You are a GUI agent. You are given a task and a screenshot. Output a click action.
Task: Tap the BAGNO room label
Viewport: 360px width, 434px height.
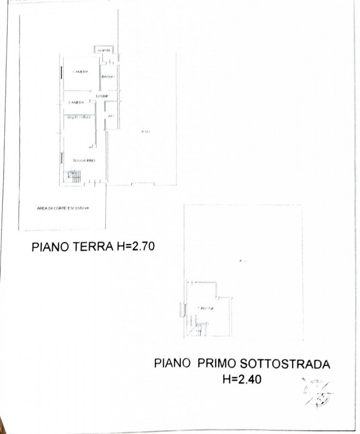108,77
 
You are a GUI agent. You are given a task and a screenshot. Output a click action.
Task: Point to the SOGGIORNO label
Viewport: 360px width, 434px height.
84,161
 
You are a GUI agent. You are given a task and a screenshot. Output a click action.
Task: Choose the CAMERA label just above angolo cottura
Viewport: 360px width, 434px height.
76,103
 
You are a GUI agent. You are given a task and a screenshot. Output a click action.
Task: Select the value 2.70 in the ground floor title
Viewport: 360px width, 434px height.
143,247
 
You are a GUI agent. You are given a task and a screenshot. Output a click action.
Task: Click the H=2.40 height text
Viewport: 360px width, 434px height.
242,379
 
